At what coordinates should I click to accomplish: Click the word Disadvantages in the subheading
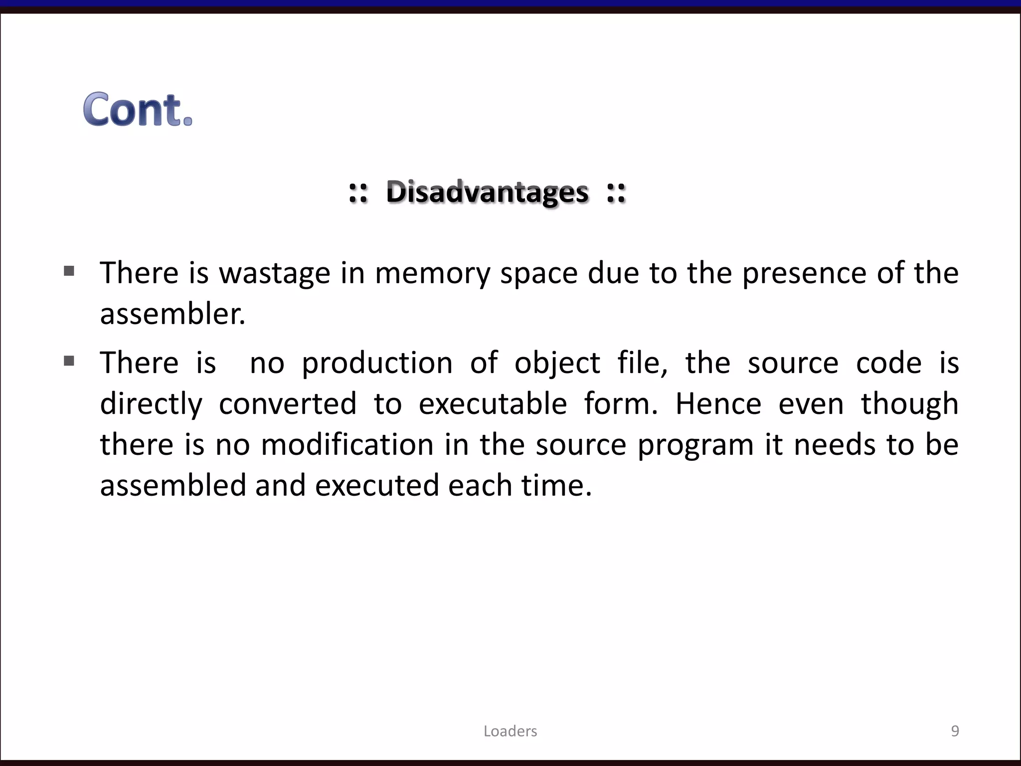(x=487, y=192)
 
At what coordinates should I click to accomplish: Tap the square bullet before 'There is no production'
(x=69, y=361)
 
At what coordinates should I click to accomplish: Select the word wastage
(x=275, y=274)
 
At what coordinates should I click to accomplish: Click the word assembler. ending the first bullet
(x=172, y=314)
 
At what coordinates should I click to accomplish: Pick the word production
(x=377, y=364)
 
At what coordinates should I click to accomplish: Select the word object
(x=557, y=363)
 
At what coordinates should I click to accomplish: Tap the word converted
(x=288, y=403)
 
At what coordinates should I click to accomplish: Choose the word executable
(x=493, y=403)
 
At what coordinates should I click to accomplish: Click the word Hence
(x=718, y=403)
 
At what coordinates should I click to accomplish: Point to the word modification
(x=347, y=444)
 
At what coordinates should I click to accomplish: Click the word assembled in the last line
(x=173, y=485)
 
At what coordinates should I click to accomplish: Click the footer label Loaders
(x=510, y=731)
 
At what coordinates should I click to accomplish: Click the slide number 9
(x=955, y=731)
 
